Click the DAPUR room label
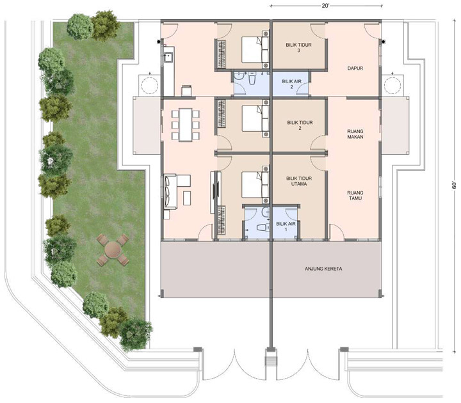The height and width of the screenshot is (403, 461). coord(355,68)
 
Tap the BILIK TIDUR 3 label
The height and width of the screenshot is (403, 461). coord(298,47)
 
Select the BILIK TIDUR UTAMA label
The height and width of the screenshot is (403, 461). coord(299,181)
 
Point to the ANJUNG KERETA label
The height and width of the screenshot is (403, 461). coord(323,269)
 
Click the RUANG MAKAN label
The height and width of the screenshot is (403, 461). coord(355,134)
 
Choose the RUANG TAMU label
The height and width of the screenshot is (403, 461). coord(355,195)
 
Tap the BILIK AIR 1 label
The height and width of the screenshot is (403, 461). coord(286,226)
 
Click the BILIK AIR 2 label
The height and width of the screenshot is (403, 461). coord(292,84)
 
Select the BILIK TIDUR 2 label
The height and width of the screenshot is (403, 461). coord(300,125)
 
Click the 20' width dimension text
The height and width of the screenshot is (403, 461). coord(325,6)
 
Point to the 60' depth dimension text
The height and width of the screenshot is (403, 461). coord(454,185)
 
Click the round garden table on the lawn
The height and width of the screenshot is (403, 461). coord(113,249)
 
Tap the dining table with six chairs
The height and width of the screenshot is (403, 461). coord(186,125)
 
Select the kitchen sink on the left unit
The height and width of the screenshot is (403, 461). coord(169,57)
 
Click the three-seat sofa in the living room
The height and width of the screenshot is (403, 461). coord(170,191)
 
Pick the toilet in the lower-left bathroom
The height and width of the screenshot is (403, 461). coord(263,228)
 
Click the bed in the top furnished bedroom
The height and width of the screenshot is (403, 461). coord(255,49)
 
